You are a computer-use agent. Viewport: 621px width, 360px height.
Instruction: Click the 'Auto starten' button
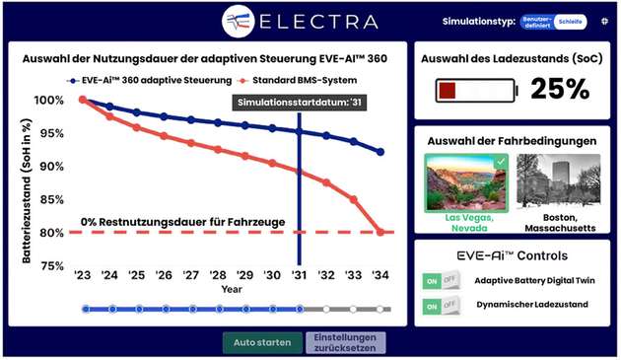point(262,343)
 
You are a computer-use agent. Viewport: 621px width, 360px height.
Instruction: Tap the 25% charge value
point(559,90)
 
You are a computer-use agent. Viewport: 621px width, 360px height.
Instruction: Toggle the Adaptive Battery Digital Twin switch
point(442,281)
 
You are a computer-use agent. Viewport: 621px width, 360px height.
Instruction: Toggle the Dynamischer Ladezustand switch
point(442,306)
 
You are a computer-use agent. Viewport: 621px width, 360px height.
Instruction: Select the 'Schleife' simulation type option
point(571,21)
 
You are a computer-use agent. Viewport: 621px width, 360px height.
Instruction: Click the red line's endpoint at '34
point(380,232)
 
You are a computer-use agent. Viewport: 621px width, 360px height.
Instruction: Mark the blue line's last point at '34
point(380,152)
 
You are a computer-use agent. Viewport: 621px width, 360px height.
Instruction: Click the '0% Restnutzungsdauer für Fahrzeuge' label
point(182,222)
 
